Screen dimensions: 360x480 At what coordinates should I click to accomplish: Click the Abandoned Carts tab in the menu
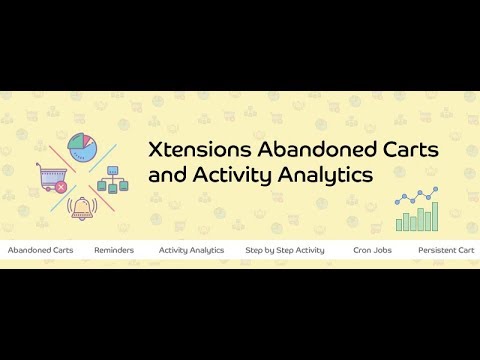40,250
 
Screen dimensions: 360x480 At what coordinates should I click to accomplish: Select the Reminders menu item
114,250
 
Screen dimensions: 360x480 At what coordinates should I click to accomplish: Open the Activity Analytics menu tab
191,250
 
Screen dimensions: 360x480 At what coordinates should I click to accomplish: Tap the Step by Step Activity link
285,250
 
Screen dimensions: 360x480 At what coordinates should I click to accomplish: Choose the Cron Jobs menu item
372,250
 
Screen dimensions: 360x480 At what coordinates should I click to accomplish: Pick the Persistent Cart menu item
447,250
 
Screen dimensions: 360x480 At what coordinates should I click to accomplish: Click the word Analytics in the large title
324,175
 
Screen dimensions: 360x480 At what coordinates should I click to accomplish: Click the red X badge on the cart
61,187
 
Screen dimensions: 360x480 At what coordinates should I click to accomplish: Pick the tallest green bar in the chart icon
433,215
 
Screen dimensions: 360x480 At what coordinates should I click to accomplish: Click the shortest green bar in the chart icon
399,224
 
